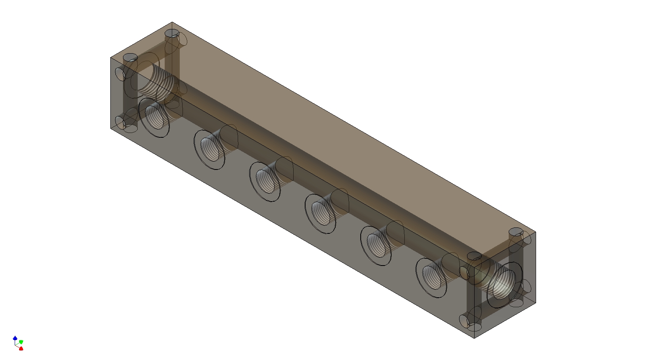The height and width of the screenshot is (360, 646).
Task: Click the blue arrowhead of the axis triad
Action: point(15,338)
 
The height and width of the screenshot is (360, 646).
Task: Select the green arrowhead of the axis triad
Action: point(21,342)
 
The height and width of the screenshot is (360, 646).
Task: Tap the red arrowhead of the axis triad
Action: point(21,348)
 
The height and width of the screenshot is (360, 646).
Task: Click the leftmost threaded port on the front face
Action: point(154,117)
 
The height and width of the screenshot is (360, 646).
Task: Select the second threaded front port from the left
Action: point(209,149)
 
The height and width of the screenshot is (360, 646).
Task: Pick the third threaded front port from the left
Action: point(265,181)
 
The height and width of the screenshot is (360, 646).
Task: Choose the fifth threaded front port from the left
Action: point(376,244)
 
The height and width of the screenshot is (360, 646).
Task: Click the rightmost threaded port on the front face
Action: point(431,277)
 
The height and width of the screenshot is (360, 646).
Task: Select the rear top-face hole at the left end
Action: point(171,33)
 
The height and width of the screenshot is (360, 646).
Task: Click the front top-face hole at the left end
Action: point(130,58)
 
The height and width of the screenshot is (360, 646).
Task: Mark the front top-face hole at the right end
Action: point(474,256)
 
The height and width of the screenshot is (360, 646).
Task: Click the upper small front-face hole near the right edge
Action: point(464,272)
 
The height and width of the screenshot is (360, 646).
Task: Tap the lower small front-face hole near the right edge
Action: point(464,321)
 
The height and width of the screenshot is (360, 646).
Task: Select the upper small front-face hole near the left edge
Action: point(120,73)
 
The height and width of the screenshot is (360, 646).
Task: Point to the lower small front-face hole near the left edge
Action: point(120,121)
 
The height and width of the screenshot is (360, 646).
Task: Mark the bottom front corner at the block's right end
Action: point(474,338)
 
